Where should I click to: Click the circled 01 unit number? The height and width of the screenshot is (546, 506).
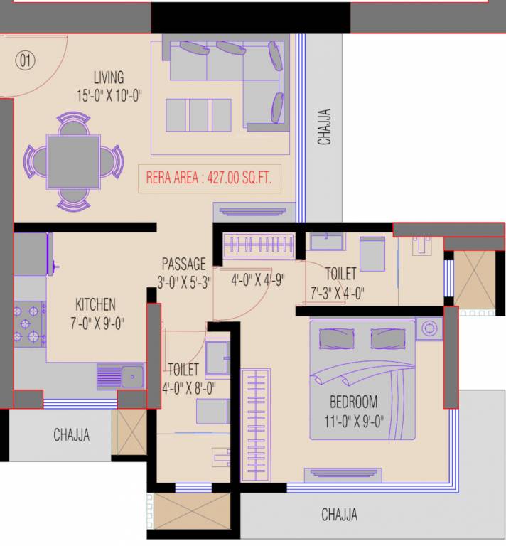(26, 60)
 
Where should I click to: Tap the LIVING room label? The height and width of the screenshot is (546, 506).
(109, 77)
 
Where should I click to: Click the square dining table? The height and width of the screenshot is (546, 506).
(74, 161)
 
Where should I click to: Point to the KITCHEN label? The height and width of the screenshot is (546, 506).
(95, 305)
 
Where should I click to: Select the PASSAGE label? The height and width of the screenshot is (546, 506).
(183, 264)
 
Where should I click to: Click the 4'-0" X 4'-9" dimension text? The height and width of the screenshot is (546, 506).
(257, 280)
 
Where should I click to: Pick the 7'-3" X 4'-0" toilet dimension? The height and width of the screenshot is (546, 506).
(337, 292)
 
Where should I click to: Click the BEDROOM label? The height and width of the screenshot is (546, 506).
(353, 402)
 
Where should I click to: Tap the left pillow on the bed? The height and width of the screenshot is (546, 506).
(336, 338)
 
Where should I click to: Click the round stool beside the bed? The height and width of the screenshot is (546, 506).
(429, 328)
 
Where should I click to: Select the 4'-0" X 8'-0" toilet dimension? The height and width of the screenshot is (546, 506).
(188, 388)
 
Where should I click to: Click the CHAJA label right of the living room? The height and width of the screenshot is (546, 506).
(324, 127)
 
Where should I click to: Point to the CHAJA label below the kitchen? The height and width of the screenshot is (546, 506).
(72, 435)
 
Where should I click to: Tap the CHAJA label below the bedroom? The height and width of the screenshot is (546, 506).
(339, 515)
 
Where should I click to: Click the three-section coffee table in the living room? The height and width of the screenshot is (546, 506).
(198, 115)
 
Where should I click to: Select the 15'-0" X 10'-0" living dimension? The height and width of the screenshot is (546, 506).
(109, 95)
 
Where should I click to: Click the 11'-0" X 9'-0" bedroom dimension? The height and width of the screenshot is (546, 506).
(353, 420)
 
